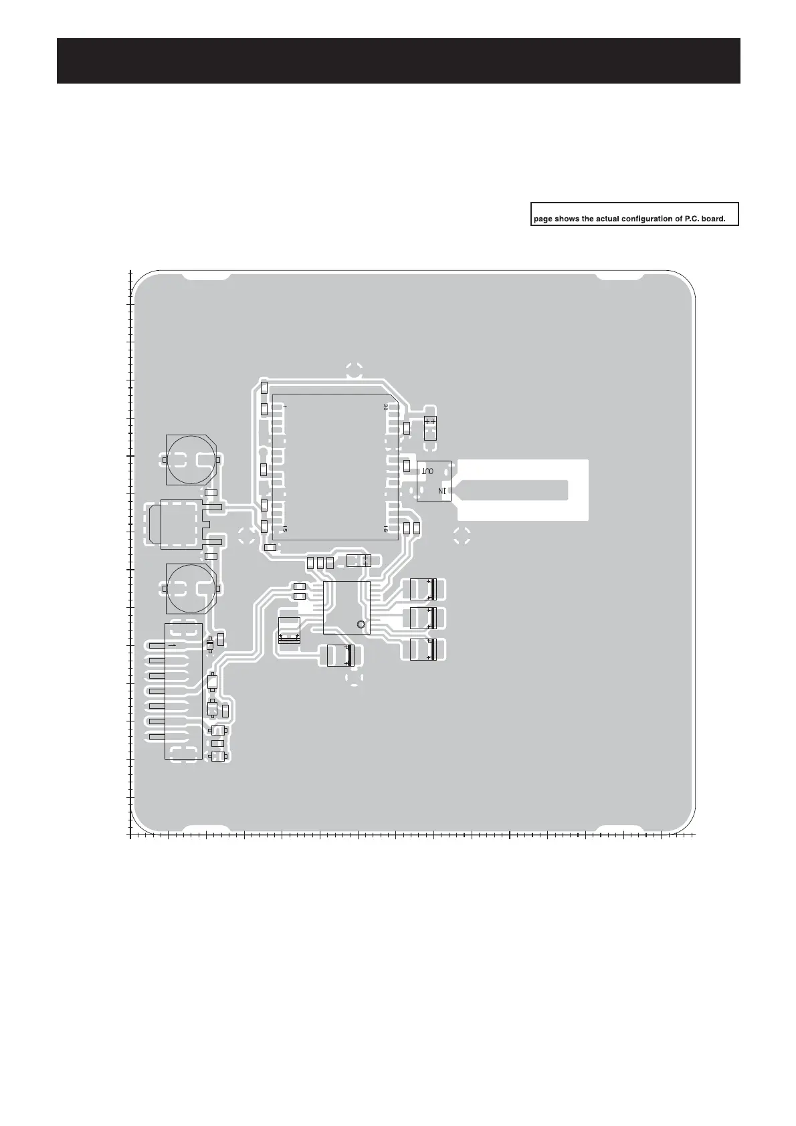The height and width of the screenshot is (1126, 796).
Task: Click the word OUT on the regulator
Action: tap(427, 471)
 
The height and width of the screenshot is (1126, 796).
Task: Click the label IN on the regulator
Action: tap(441, 491)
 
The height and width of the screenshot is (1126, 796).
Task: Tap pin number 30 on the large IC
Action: tap(386, 407)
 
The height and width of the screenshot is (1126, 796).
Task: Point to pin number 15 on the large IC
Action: tap(284, 529)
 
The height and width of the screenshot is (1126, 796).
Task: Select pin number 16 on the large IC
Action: tap(386, 529)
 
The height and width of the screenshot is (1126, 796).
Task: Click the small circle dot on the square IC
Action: tap(361, 625)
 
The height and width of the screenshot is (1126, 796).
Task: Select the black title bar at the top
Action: tap(398, 61)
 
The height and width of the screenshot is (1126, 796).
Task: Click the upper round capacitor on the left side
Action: tap(190, 459)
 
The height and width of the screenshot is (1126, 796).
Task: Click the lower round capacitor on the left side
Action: tap(190, 588)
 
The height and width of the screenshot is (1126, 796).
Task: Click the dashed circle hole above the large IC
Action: tap(355, 370)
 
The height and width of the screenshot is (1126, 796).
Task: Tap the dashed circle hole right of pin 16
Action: tap(462, 535)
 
